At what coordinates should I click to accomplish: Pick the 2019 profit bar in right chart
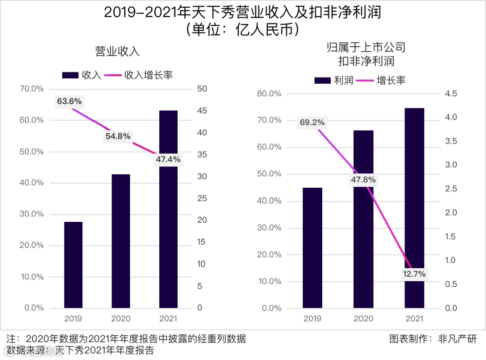tap(313, 248)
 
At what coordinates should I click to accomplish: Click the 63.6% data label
tap(69, 101)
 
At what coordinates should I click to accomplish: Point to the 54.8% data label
tap(118, 136)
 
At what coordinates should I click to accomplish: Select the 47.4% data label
tap(167, 159)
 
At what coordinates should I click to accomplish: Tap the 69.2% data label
tap(312, 122)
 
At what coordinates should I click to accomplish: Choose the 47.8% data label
tap(363, 180)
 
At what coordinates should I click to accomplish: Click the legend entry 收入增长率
tap(139, 75)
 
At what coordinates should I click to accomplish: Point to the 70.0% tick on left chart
tap(32, 89)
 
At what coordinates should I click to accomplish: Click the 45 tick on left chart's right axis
tap(202, 111)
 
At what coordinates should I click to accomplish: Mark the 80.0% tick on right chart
tap(269, 94)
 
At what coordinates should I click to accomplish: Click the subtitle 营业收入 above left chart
tap(117, 51)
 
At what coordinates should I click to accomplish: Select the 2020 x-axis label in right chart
tap(363, 319)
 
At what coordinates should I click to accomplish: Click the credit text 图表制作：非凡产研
tap(432, 338)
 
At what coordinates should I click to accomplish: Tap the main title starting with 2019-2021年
tap(243, 12)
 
